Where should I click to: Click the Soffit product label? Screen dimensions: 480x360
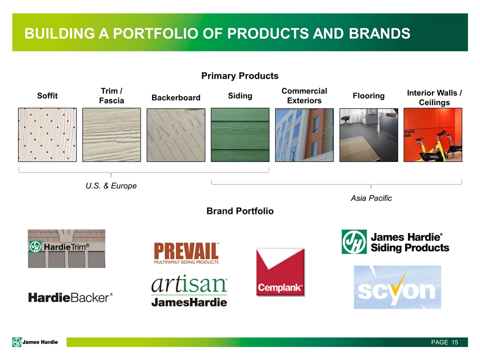47,96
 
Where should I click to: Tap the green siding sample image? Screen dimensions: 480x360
240,134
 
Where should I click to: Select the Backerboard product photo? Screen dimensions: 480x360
176,134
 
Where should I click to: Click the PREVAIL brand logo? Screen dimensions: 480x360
186,253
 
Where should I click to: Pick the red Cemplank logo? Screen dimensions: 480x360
280,272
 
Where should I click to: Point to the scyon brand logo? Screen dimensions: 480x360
397,287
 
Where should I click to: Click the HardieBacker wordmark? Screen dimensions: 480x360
70,297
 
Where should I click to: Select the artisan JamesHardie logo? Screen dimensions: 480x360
189,291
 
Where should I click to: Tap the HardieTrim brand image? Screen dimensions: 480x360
66,248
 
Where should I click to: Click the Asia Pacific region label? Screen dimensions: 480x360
371,198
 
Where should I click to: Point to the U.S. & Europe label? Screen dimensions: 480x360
111,186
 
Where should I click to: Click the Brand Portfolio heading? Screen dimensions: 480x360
240,211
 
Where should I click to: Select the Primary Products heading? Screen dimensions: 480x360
240,76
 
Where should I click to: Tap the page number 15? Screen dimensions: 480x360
454,342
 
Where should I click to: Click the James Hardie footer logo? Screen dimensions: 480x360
35,342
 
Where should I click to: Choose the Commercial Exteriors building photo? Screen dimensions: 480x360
304,134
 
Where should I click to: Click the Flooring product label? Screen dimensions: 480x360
368,96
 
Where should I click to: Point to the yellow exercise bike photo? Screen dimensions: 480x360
433,134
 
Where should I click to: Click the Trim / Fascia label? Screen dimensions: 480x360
111,96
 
